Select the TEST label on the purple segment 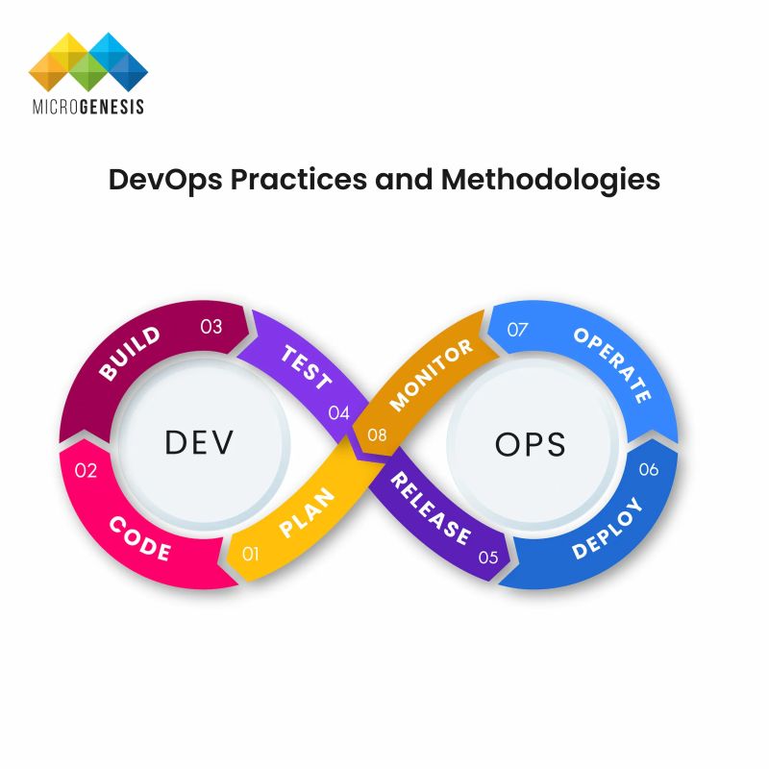(x=307, y=365)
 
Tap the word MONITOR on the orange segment (x=432, y=374)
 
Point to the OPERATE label (x=613, y=364)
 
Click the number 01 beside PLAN (x=252, y=554)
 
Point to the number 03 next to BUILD (x=211, y=327)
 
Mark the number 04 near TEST (x=338, y=413)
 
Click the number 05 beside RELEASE (x=488, y=556)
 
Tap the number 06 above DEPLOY (x=649, y=469)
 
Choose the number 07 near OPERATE (x=518, y=330)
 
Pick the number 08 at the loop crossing (x=377, y=435)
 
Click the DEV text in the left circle (x=200, y=442)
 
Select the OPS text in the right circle (x=530, y=443)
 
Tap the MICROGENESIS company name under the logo (x=87, y=106)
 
